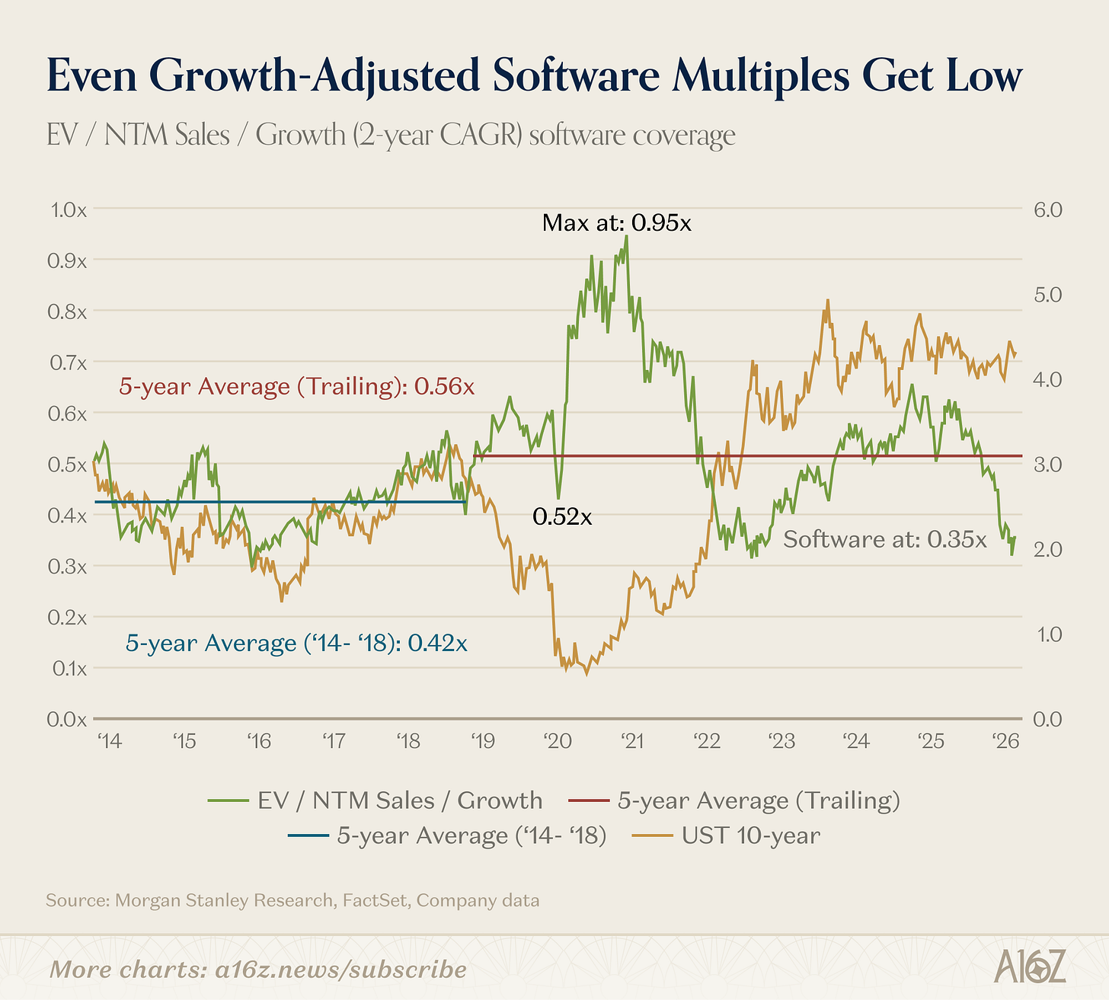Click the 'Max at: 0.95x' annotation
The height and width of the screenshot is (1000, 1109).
[x=616, y=223]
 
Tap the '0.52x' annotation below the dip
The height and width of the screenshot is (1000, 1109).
[x=562, y=517]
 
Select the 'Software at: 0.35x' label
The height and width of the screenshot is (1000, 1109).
[x=884, y=539]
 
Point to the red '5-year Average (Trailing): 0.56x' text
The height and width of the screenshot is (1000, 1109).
[x=297, y=386]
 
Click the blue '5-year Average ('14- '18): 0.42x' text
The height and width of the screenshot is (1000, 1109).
[x=296, y=643]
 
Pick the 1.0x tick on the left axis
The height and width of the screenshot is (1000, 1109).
[x=69, y=210]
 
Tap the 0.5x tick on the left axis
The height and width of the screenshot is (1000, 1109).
[x=67, y=465]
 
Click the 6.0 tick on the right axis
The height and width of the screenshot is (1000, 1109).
[x=1048, y=210]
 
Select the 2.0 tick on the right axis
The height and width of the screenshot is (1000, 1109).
[x=1048, y=549]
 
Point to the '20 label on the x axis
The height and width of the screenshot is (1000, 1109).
[x=558, y=741]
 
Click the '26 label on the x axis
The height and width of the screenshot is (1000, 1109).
[x=1005, y=741]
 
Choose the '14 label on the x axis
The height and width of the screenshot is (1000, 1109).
[x=109, y=741]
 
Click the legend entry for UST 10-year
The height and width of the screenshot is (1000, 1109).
[x=726, y=835]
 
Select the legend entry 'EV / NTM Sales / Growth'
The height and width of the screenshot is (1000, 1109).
[x=376, y=800]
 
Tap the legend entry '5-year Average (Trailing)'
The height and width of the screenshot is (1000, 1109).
[x=735, y=800]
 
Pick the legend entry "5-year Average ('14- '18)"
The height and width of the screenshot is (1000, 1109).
[x=447, y=835]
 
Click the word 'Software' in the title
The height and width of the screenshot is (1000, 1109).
[x=576, y=75]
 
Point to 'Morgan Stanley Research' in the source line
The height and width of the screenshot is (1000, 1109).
[x=224, y=900]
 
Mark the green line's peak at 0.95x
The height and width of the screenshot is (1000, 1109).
[x=626, y=236]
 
